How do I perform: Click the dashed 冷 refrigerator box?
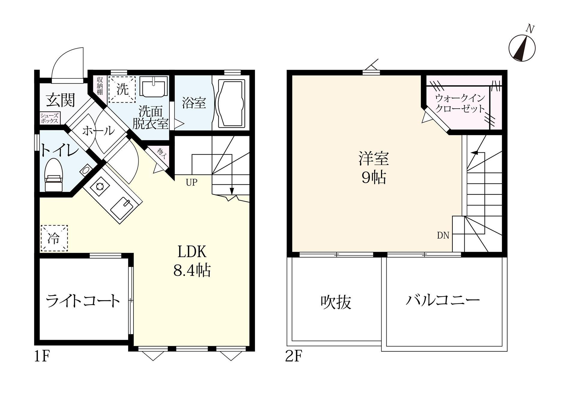click(x=54, y=238)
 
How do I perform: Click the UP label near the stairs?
click(x=191, y=182)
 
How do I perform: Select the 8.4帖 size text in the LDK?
click(x=192, y=270)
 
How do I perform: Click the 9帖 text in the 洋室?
click(x=373, y=178)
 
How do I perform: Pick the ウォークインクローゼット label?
click(x=460, y=103)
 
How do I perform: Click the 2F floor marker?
click(x=293, y=357)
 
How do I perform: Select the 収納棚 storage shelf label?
click(x=100, y=86)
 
